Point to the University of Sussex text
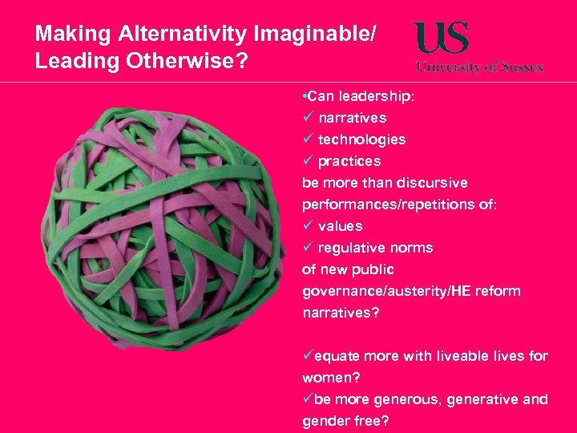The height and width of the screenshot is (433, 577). point(480,67)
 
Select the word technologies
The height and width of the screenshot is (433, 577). point(361,140)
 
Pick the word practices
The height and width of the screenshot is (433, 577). point(349,161)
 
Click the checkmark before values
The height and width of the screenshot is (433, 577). point(307,226)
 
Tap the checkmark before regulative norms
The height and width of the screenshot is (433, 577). point(307,248)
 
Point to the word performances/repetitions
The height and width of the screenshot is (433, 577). point(382,204)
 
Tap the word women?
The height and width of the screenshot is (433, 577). point(329,378)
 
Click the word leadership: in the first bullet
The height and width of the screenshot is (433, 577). point(377,96)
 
